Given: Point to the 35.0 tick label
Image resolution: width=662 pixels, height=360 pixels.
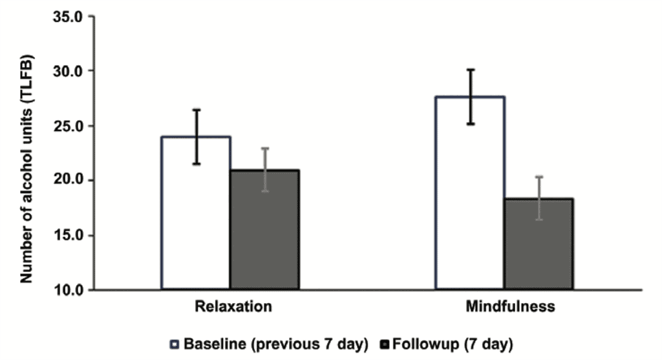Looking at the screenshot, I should coord(67,16).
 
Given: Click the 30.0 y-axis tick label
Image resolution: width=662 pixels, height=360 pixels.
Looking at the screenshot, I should coord(67,71).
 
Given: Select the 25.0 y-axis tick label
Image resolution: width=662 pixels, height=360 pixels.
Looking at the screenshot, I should coord(67,125).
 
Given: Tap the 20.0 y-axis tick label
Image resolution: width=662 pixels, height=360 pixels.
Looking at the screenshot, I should coord(67,180).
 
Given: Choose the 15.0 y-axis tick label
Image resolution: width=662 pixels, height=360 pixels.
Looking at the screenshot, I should coord(67,235).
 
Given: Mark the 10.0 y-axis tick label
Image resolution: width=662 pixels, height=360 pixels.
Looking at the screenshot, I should coord(67,289).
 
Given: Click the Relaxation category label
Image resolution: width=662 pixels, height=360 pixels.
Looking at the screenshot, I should coord(231,307).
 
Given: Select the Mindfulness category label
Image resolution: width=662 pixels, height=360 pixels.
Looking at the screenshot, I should coord(511,307).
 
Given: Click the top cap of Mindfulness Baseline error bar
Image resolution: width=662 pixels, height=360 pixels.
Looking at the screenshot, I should coord(471,70).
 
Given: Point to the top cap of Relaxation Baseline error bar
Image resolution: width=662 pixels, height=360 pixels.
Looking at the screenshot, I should coord(197,110).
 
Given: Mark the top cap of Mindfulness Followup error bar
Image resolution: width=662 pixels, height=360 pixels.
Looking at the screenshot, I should coord(539,176).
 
